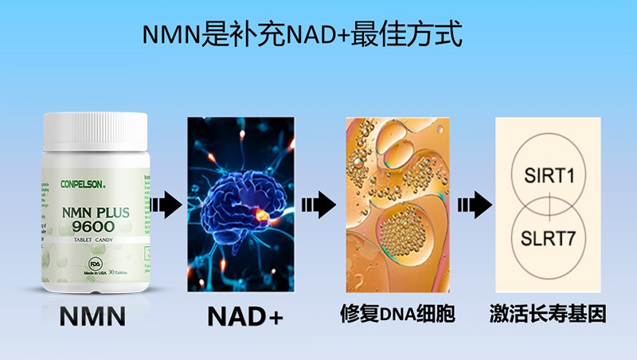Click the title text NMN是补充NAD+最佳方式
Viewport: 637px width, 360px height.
click(x=303, y=36)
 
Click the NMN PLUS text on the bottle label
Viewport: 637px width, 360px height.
click(x=95, y=213)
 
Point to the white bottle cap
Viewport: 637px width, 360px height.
click(x=95, y=131)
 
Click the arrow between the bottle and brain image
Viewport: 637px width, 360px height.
click(x=166, y=207)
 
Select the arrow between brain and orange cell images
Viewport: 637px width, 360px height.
click(x=318, y=207)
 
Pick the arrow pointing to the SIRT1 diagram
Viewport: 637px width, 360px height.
click(x=471, y=207)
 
